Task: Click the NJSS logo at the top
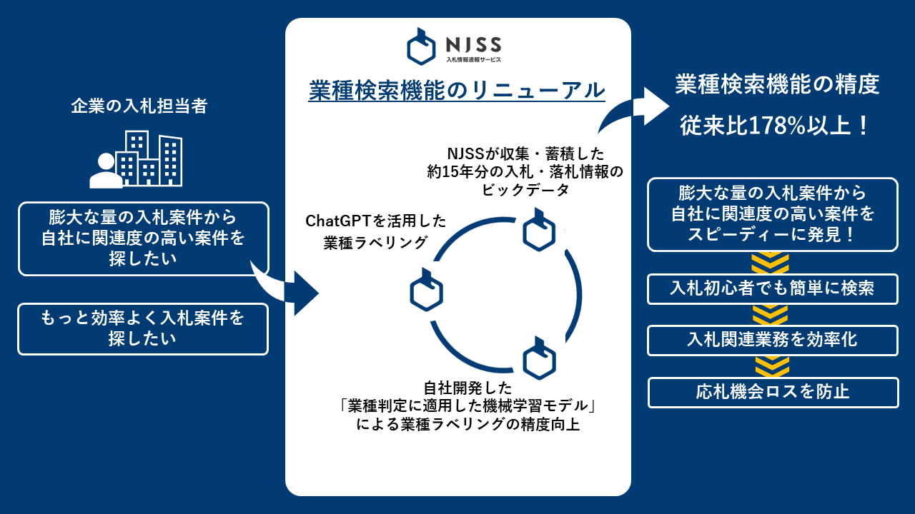pos(454,46)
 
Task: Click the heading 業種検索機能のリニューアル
pos(457,91)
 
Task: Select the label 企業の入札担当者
pos(139,106)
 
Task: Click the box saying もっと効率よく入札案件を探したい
pos(143,328)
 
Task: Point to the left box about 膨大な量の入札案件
pos(143,238)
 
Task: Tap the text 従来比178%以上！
pos(775,126)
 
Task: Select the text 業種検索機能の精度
pos(776,86)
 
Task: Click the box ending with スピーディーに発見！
pos(773,214)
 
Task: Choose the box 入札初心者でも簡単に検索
pos(773,289)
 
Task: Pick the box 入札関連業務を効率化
pos(773,341)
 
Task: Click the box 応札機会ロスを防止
pos(773,392)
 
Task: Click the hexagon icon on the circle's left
pos(427,291)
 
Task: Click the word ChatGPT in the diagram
pos(335,221)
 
